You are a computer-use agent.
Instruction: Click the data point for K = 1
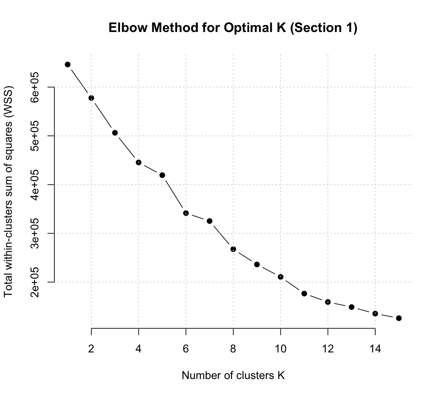coord(67,64)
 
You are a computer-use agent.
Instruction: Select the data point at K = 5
coord(162,175)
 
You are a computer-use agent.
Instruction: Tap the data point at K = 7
coord(209,221)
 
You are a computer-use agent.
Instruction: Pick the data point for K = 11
coord(304,293)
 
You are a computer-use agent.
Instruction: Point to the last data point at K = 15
coord(399,318)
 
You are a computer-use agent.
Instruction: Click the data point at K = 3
coord(115,133)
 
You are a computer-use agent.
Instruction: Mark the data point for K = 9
coord(257,265)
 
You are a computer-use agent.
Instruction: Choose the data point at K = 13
coord(351,307)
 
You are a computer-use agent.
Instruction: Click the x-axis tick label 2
coord(91,349)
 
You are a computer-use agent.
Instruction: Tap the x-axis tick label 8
coord(233,349)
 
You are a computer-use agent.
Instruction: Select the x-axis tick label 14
coord(375,349)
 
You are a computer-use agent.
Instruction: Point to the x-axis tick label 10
coord(280,349)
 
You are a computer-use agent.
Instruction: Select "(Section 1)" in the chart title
coord(324,28)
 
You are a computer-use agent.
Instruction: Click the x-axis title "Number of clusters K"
coord(233,375)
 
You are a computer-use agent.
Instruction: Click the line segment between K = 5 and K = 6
coord(174,194)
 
